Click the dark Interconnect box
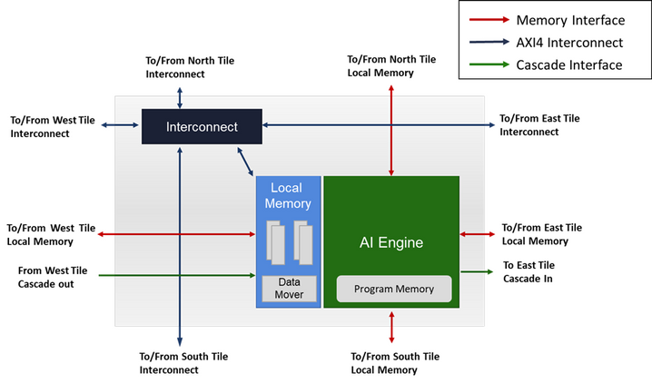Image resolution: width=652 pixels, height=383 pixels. (x=202, y=127)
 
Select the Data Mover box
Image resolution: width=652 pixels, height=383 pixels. (x=289, y=289)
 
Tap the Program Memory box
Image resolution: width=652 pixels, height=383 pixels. (x=394, y=290)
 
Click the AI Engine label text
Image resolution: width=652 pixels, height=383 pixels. (x=391, y=243)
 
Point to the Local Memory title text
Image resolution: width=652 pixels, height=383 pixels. (x=288, y=196)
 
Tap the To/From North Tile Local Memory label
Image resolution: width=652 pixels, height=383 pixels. (x=391, y=66)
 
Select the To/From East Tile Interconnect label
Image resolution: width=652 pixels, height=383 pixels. (x=540, y=125)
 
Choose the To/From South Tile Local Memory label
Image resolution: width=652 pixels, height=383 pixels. (x=394, y=363)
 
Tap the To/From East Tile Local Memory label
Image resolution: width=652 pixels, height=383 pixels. (x=542, y=234)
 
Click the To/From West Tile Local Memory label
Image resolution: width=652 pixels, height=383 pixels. (x=51, y=234)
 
